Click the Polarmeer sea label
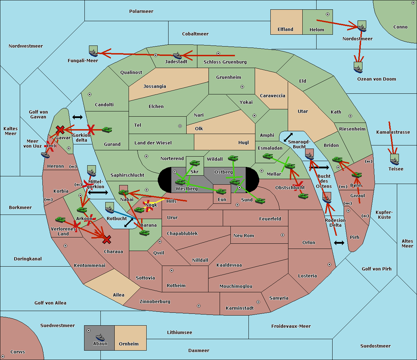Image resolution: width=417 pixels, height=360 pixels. click(x=141, y=11)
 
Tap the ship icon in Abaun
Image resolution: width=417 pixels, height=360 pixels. click(x=100, y=337)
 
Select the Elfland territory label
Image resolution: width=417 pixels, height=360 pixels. click(x=285, y=30)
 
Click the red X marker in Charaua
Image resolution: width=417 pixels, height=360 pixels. click(x=107, y=240)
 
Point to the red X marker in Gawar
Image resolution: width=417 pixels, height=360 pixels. click(x=60, y=130)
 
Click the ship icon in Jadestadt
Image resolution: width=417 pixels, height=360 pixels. click(x=177, y=56)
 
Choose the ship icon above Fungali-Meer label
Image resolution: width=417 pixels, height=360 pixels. click(x=93, y=52)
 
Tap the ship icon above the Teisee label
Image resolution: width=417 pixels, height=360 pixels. click(x=394, y=160)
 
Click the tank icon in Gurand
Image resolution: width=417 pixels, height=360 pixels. click(x=107, y=130)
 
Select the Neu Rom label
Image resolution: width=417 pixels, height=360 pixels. click(x=244, y=235)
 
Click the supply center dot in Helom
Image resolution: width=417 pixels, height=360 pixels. click(x=327, y=14)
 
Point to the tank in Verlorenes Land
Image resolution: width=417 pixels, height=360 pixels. click(x=60, y=220)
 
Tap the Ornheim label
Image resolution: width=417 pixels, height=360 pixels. click(x=129, y=344)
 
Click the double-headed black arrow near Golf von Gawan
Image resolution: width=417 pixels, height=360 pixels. click(x=77, y=117)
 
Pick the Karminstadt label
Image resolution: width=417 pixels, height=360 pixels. click(x=240, y=308)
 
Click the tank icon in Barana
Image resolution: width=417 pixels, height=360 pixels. click(x=144, y=233)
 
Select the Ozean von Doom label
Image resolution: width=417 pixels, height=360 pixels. click(x=377, y=79)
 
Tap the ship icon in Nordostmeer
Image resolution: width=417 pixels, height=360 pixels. click(x=362, y=27)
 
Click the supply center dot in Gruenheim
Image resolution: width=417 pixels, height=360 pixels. click(x=242, y=87)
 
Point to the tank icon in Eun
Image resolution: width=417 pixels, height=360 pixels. click(x=221, y=191)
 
